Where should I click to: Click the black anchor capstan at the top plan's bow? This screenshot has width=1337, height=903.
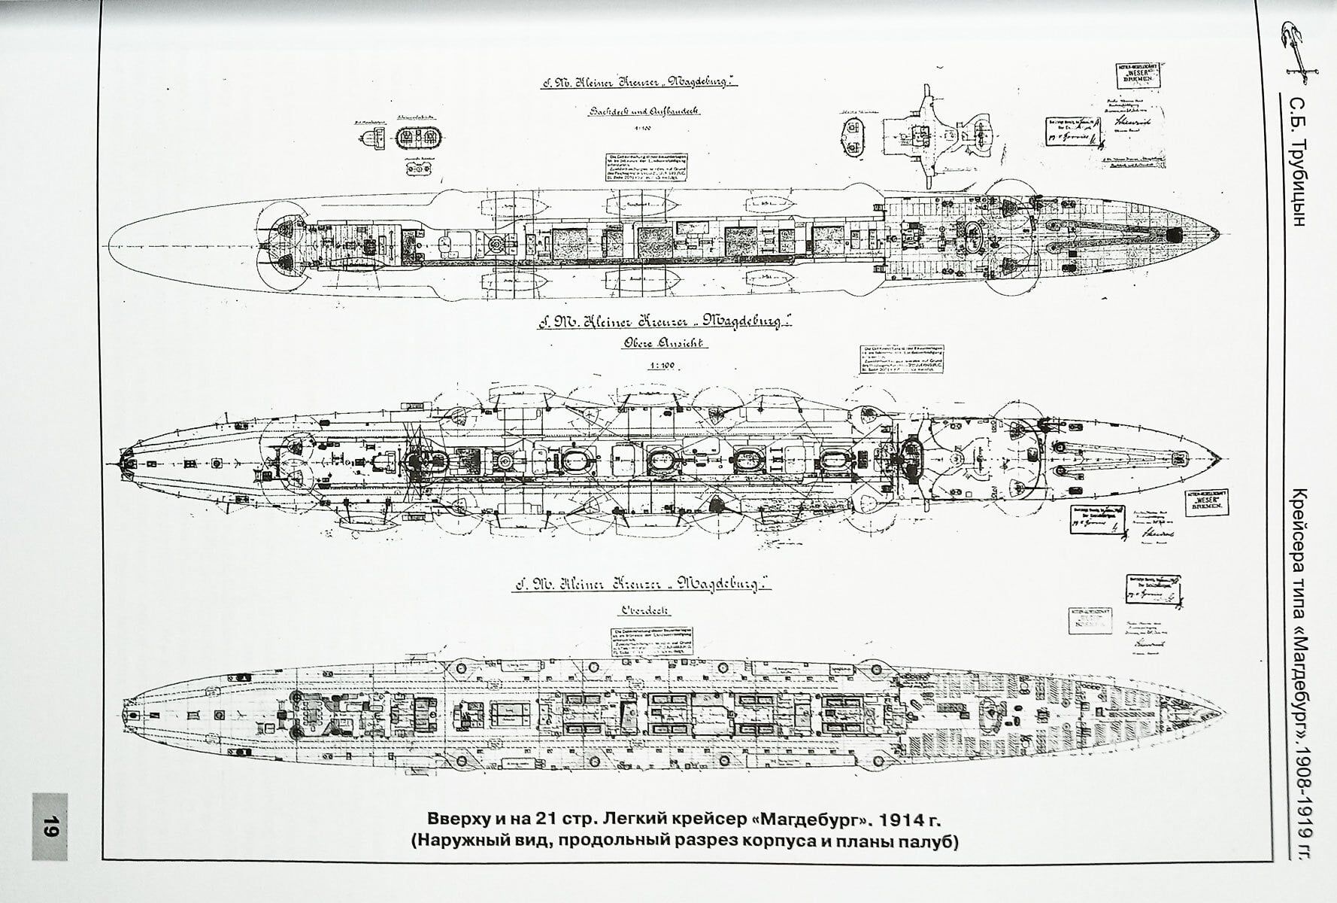coord(1173,235)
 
